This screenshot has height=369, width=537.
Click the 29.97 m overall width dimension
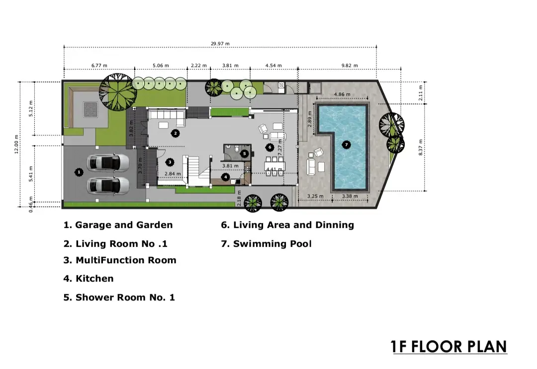220,44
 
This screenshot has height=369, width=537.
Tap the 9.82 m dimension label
350,66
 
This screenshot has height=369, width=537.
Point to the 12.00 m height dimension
16,145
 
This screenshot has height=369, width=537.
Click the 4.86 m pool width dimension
342,94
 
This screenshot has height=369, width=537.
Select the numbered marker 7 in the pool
346,145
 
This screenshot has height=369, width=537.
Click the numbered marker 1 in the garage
79,172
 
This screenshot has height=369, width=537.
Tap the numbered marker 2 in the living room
176,133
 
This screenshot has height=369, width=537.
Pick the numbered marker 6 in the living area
270,148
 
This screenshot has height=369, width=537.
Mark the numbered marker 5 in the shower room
244,154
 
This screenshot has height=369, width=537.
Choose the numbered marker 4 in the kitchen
225,177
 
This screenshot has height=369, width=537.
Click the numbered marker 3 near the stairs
170,162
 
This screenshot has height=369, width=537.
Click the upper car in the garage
108,162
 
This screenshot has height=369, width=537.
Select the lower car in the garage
108,186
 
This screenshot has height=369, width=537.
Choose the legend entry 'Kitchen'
89,279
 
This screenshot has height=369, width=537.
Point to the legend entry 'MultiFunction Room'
120,260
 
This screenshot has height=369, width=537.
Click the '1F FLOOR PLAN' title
448,347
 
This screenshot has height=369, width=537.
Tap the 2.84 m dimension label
173,174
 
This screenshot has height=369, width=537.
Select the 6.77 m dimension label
99,66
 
